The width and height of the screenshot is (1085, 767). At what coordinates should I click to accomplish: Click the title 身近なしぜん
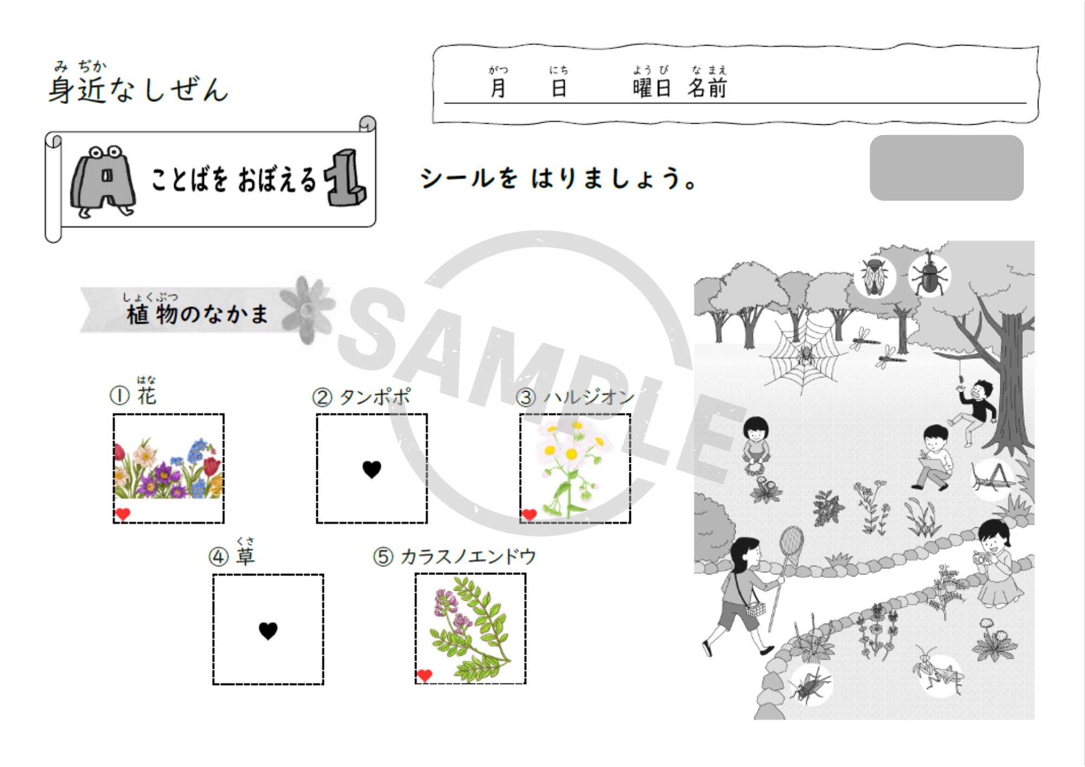click(138, 89)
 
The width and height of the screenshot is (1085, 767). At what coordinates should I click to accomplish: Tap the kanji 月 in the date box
click(498, 88)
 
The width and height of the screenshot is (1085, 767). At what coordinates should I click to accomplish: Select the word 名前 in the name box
click(707, 88)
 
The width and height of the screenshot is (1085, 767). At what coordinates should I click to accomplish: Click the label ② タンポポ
click(361, 397)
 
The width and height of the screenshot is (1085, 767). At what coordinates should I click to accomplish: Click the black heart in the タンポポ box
click(372, 469)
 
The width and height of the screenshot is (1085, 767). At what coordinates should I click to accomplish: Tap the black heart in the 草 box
click(268, 630)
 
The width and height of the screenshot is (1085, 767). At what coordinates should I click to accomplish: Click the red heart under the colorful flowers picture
click(123, 514)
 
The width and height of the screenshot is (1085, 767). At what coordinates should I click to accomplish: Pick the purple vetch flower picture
click(470, 628)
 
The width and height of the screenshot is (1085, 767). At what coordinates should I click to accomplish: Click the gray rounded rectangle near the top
click(947, 168)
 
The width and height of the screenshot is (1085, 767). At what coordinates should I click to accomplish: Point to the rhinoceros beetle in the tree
click(929, 275)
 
